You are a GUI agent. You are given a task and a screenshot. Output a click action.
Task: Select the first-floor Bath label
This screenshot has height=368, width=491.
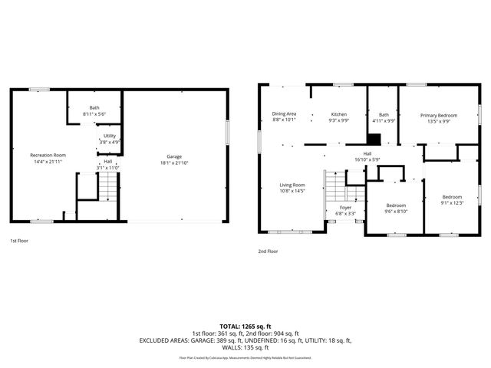[94, 108]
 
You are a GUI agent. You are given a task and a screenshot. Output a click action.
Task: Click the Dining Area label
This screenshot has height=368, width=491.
[284, 114]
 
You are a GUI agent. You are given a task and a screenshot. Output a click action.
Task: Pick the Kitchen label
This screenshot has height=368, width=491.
[338, 114]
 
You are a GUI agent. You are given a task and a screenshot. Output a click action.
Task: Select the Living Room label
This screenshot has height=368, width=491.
[292, 185]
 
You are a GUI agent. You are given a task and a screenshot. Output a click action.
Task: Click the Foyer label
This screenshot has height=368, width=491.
[345, 208]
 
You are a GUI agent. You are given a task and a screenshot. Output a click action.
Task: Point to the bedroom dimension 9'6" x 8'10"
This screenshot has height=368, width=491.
[396, 211]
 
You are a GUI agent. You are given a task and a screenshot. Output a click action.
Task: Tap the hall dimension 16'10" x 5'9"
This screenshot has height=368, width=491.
[368, 159]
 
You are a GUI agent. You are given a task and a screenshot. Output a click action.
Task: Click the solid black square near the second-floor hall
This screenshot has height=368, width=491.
[374, 140]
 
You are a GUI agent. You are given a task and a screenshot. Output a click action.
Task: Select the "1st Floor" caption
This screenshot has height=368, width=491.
[20, 241]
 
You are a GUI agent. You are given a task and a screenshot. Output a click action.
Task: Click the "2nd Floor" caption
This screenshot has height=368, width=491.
[268, 251]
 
